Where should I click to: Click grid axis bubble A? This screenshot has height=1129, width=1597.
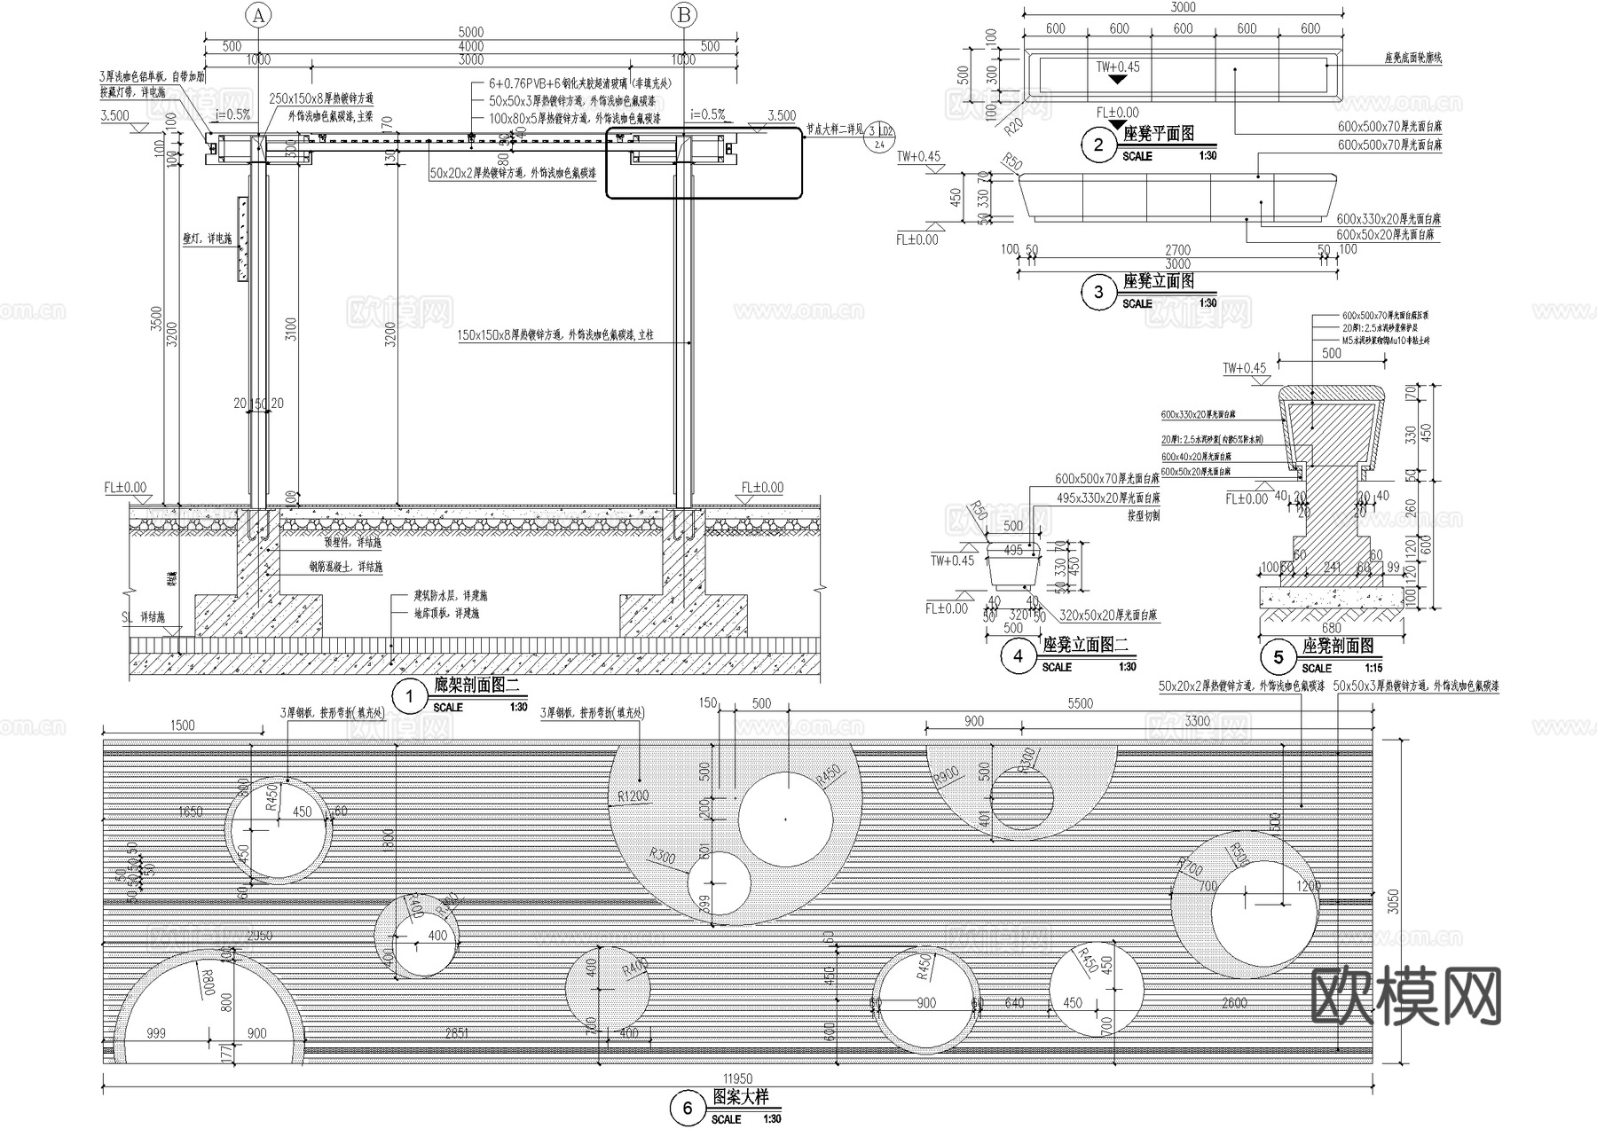click(258, 15)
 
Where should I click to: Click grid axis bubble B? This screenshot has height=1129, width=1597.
click(684, 15)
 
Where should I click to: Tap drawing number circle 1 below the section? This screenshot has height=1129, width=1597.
click(409, 696)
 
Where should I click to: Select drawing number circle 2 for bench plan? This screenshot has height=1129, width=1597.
click(1098, 145)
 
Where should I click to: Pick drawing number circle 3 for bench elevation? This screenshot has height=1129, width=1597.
click(1098, 292)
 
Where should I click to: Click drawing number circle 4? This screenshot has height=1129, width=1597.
click(1018, 655)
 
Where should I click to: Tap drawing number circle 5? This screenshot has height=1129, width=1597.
click(1278, 657)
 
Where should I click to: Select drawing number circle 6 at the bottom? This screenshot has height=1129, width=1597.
click(687, 1109)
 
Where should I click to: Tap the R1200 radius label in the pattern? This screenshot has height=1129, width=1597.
click(633, 796)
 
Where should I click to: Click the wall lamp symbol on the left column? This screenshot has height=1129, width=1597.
click(242, 239)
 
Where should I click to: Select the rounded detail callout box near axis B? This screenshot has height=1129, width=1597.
click(704, 163)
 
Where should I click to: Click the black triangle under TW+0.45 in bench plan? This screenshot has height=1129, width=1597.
click(1118, 79)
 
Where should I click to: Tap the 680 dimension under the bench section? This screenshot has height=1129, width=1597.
click(1331, 628)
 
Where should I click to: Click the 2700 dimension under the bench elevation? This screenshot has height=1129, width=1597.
click(1177, 250)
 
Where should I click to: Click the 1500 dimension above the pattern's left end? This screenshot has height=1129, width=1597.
click(182, 725)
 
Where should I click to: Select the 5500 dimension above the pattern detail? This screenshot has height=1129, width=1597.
click(1080, 703)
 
